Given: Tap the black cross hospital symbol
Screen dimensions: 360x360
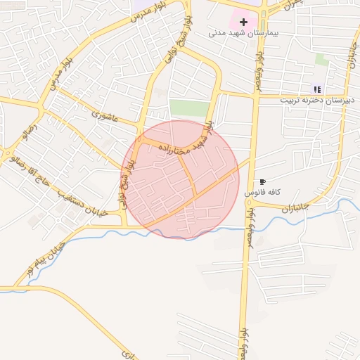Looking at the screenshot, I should click(x=243, y=22).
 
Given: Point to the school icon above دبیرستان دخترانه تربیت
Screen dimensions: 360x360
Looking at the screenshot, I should click(x=317, y=89).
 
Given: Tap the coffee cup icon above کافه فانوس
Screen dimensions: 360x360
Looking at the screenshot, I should click(x=262, y=181).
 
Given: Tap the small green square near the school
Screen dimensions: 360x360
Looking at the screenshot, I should click(x=321, y=60).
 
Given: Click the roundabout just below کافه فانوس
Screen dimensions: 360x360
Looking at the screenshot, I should click(x=250, y=202).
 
